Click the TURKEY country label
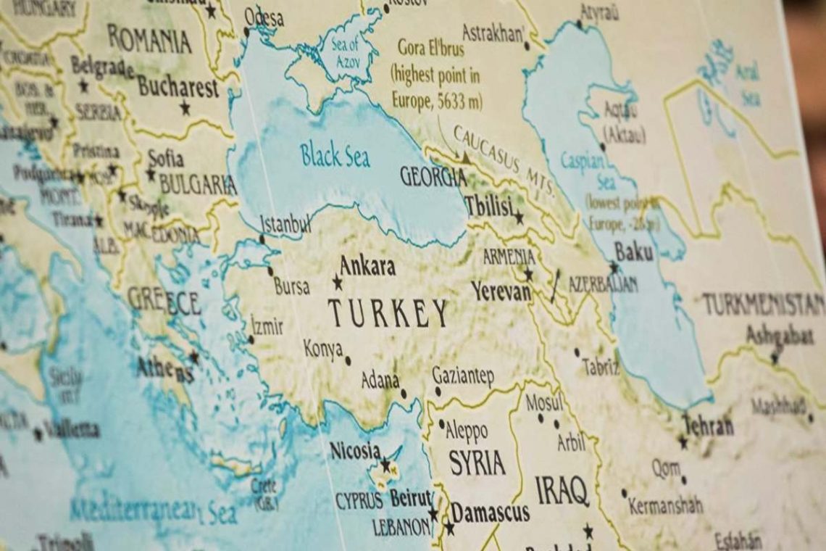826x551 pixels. coord(388,313)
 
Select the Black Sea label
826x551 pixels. coord(335,155)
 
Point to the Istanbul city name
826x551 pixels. coord(285,223)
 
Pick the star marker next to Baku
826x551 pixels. coord(614,268)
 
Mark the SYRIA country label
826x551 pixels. coord(477,463)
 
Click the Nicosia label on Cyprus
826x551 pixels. coord(354,451)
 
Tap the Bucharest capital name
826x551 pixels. coord(178,88)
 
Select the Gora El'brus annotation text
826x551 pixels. coord(437,75)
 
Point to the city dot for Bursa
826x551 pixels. coord(270,271)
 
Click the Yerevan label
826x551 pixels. coord(501,291)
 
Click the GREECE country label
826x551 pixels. coord(164,301)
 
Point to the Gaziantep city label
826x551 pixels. coord(463,376)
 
